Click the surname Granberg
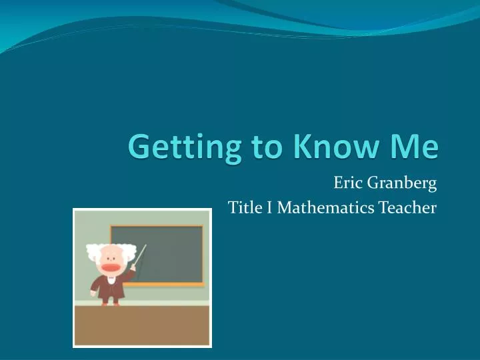[401, 181]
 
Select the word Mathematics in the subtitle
[326, 208]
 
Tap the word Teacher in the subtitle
[408, 208]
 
